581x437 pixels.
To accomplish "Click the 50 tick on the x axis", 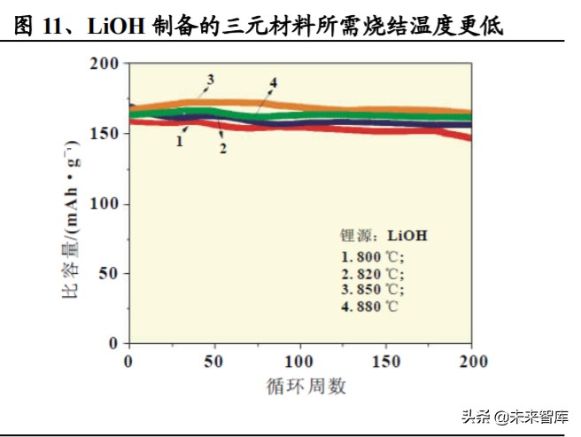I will pyautogui.click(x=213, y=362).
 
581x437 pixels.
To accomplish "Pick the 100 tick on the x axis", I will pyautogui.click(x=300, y=362).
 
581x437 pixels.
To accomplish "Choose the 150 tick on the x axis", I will pyautogui.click(x=386, y=362).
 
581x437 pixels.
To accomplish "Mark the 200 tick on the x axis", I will pyautogui.click(x=472, y=362).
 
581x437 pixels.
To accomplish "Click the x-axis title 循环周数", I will pyautogui.click(x=306, y=386).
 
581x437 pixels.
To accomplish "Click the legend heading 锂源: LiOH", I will pyautogui.click(x=384, y=236).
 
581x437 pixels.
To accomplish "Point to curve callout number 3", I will pyautogui.click(x=211, y=80).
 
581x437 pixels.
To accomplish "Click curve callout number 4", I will pyautogui.click(x=274, y=82).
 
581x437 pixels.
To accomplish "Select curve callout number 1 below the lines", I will pyautogui.click(x=179, y=140).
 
